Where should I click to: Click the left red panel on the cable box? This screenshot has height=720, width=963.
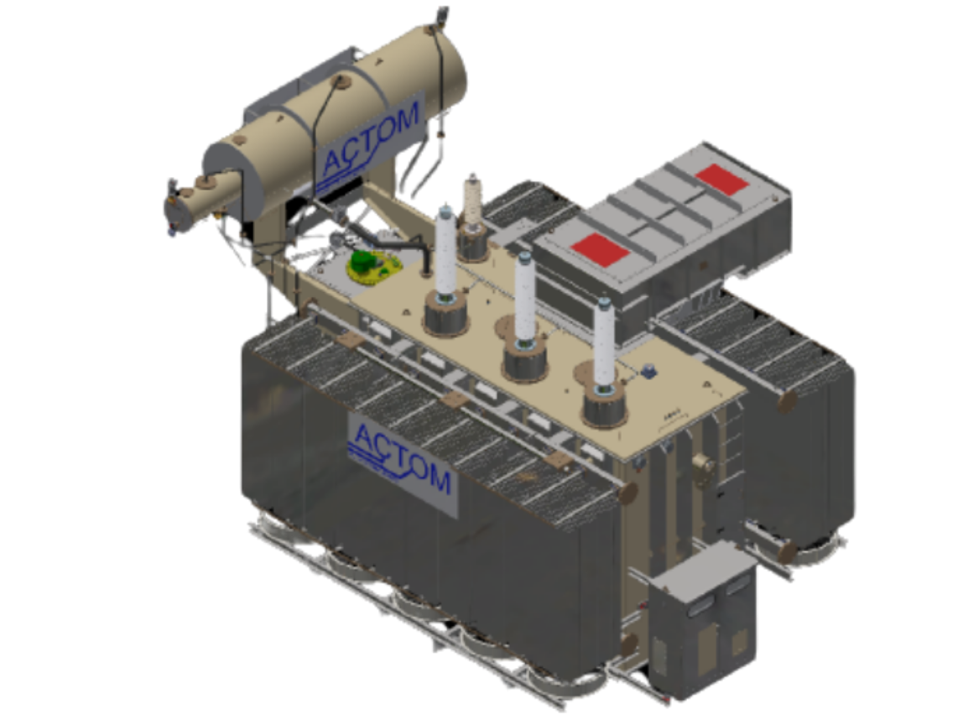(601, 248)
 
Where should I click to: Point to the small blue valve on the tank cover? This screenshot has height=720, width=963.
(648, 369)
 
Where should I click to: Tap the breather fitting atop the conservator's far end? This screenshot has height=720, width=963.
(442, 14)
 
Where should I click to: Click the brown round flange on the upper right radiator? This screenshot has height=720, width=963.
(788, 401)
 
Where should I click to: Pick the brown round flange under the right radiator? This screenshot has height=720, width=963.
(786, 551)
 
